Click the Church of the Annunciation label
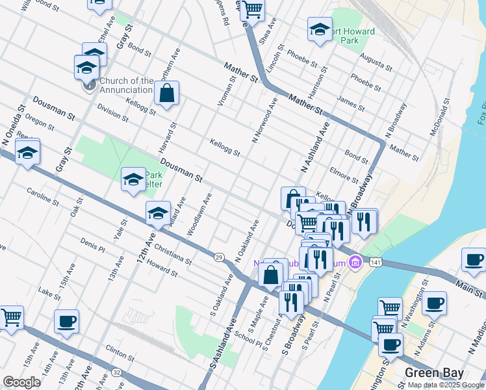pos(127,85)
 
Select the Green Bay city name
pos(434,373)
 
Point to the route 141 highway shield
pos(375,262)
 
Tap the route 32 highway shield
pos(116,372)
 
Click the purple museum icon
pos(355,263)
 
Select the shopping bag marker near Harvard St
pos(167,93)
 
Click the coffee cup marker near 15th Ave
pos(66,320)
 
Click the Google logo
pos(22,382)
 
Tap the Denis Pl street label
pos(93,245)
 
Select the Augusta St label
pos(377,63)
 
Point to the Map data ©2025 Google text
pos(445,385)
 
